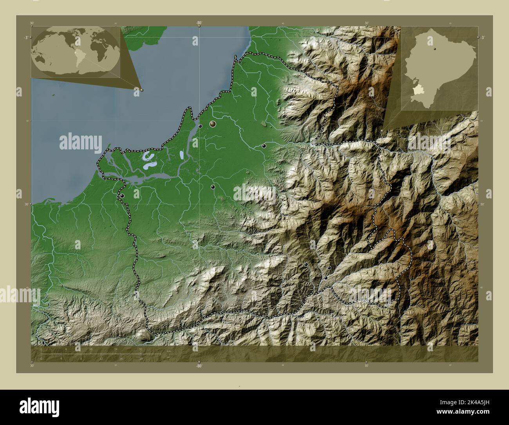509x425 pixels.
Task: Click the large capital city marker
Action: pyautogui.click(x=213, y=124)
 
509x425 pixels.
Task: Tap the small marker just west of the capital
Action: pyautogui.click(x=200, y=126)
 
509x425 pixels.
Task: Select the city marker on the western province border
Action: pyautogui.click(x=122, y=196)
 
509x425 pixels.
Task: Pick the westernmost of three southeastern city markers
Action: pyautogui.click(x=306, y=265)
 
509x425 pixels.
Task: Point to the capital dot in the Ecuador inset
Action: pyautogui.click(x=435, y=49)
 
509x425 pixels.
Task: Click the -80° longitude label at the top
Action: pyautogui.click(x=199, y=23)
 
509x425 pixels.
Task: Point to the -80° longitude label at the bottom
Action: pyautogui.click(x=199, y=366)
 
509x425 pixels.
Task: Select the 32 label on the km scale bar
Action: pyautogui.click(x=141, y=349)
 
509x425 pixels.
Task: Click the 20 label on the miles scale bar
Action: pyautogui.click(x=141, y=358)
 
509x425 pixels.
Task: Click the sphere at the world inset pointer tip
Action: pyautogui.click(x=141, y=90)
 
